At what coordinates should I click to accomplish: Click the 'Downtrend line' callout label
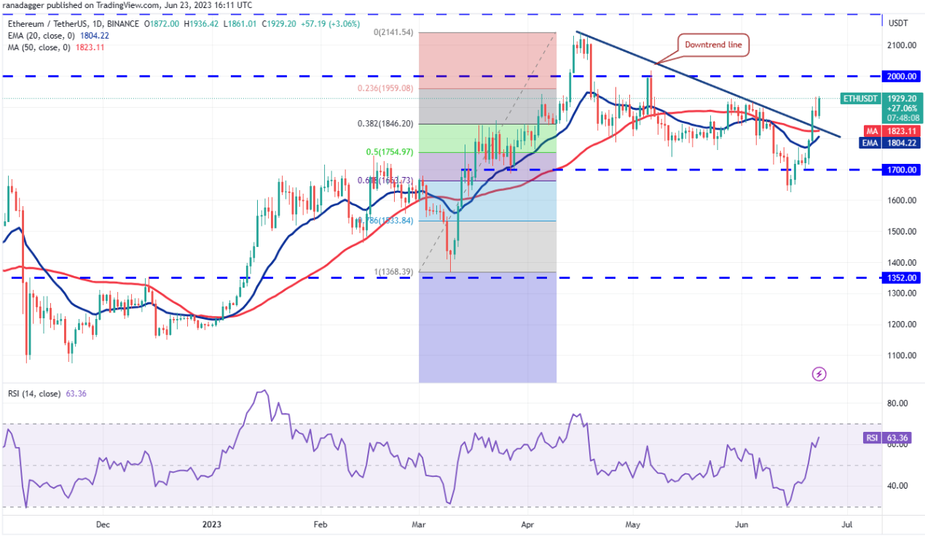pyautogui.click(x=713, y=44)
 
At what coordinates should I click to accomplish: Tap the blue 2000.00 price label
pyautogui.click(x=902, y=76)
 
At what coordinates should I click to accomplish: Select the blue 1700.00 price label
pyautogui.click(x=902, y=170)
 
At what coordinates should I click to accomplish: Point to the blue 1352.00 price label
pyautogui.click(x=902, y=277)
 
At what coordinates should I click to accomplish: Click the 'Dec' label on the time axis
pyautogui.click(x=102, y=524)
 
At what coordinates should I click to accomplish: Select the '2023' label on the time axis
pyautogui.click(x=211, y=524)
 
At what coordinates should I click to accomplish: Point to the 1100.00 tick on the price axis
pyautogui.click(x=902, y=355)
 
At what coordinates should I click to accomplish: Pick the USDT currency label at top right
pyautogui.click(x=898, y=23)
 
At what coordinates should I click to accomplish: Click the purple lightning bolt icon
pyautogui.click(x=819, y=374)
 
